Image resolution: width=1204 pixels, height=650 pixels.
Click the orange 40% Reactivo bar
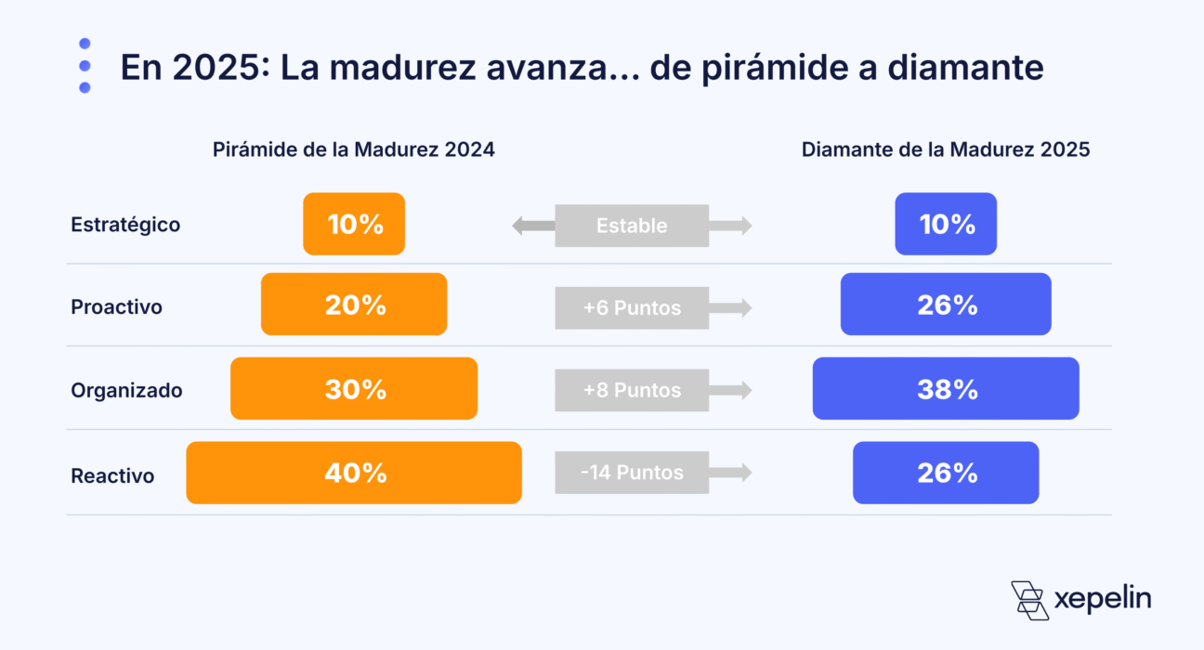354,473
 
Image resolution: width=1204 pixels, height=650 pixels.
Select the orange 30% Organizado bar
354,388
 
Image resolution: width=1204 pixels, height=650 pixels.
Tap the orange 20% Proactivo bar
354,304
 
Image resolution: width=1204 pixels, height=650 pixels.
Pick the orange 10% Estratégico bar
354,224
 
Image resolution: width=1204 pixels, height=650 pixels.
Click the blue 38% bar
946,388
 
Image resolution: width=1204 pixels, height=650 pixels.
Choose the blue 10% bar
946,224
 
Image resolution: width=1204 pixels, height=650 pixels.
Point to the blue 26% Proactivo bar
946,304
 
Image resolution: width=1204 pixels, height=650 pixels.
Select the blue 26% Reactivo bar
946,473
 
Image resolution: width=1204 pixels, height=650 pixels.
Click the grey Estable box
632,226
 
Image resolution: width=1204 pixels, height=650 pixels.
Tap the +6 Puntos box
632,307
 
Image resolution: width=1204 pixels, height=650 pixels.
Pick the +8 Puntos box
632,390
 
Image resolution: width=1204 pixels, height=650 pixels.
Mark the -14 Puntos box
632,473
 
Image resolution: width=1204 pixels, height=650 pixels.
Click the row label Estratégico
125,225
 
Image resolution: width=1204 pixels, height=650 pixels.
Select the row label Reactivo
112,476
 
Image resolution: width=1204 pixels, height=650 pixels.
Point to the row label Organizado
126,391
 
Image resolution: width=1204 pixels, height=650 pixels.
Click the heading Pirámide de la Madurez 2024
353,149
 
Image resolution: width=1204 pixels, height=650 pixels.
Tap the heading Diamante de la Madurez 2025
946,149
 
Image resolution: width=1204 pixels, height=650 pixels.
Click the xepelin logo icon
1029,600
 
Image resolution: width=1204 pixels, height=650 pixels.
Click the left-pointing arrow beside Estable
532,226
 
